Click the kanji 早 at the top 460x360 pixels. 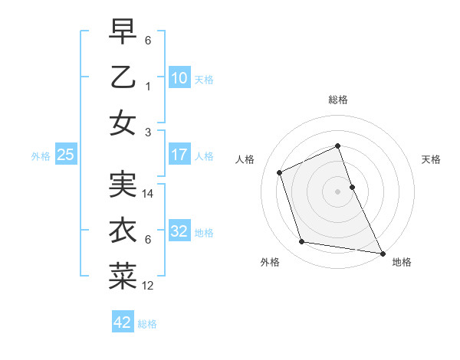pos(123,31)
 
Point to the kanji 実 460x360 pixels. pos(123,185)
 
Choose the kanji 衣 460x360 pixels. pos(123,231)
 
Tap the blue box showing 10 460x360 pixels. pos(179,77)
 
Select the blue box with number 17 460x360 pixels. pos(179,155)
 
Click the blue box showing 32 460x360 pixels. pos(179,231)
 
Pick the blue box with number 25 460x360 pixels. pos(66,155)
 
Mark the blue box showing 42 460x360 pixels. pos(123,322)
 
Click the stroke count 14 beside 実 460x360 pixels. pos(149,195)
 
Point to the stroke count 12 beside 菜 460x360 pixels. pos(149,286)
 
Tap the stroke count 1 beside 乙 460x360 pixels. pos(147,87)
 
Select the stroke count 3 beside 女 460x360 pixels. pos(147,132)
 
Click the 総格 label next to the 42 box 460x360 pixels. pos(147,324)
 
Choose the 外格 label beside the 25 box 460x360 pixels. pos(41,156)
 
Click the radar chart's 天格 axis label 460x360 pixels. pos(432,160)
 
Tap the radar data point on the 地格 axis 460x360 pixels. pos(382,253)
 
